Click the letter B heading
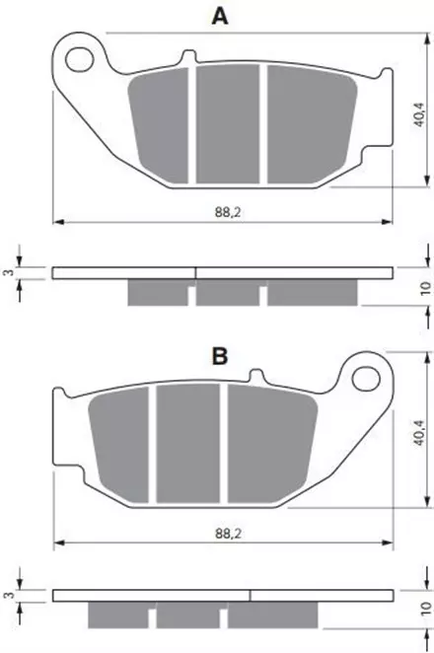(220, 356)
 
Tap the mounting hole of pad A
(80, 59)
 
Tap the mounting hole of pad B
(366, 379)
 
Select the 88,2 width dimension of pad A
(228, 212)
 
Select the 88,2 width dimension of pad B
(229, 533)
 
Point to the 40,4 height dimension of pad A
(419, 114)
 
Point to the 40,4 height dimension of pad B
(419, 434)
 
